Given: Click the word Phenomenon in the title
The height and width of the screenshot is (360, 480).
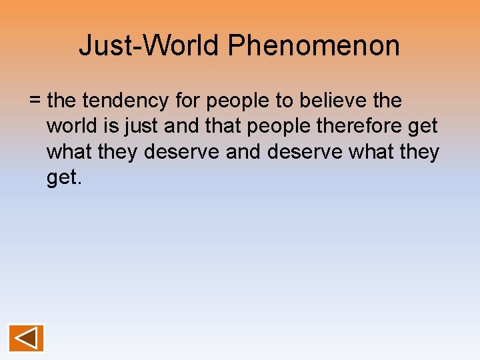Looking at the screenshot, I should (x=313, y=46).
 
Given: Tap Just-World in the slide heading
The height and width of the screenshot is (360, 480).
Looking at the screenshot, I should (x=149, y=46).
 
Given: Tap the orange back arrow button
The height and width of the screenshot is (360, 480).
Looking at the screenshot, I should (x=27, y=338).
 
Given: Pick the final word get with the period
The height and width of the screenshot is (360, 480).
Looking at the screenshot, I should (x=64, y=179).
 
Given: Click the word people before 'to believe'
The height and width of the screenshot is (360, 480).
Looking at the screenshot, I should (x=239, y=101).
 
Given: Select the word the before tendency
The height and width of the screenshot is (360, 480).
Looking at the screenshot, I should (x=63, y=101).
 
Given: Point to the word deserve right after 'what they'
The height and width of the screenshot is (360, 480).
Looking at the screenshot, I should (x=182, y=152).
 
